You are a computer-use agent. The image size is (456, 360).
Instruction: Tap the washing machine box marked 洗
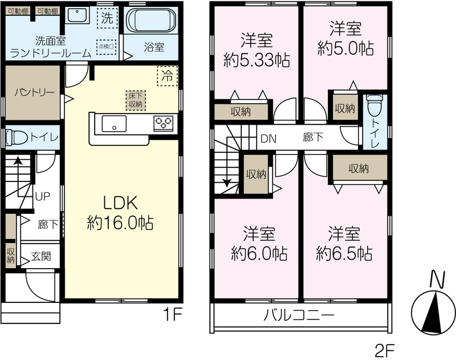[107, 18]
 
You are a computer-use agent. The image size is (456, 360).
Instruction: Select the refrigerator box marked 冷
[167, 76]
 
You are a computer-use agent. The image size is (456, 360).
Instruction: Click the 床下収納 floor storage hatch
[136, 100]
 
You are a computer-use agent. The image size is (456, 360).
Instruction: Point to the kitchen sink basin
[114, 124]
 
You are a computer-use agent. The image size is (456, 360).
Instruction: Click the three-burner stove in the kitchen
[164, 123]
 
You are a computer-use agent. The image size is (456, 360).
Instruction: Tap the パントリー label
[34, 93]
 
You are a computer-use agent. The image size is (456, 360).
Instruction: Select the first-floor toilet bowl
[17, 137]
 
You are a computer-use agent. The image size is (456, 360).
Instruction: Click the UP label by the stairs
[42, 196]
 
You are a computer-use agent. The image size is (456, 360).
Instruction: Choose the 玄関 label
[41, 256]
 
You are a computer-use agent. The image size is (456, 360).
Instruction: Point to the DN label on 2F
[268, 139]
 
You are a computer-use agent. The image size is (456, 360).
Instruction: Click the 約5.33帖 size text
[256, 60]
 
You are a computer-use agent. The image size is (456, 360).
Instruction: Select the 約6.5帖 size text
[344, 253]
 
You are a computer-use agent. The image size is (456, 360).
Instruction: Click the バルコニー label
[299, 315]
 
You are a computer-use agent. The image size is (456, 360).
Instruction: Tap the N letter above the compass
[438, 279]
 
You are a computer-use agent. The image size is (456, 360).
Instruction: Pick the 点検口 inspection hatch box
[107, 47]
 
